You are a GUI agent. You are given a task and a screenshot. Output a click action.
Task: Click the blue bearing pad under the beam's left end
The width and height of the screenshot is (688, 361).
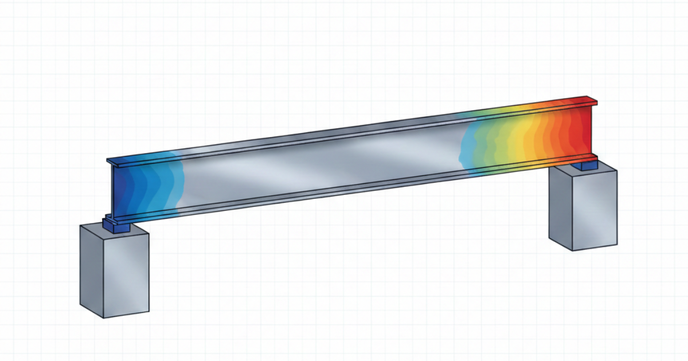(x=119, y=227)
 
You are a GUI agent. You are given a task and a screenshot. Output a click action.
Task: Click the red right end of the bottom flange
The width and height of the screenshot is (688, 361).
(x=579, y=158)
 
